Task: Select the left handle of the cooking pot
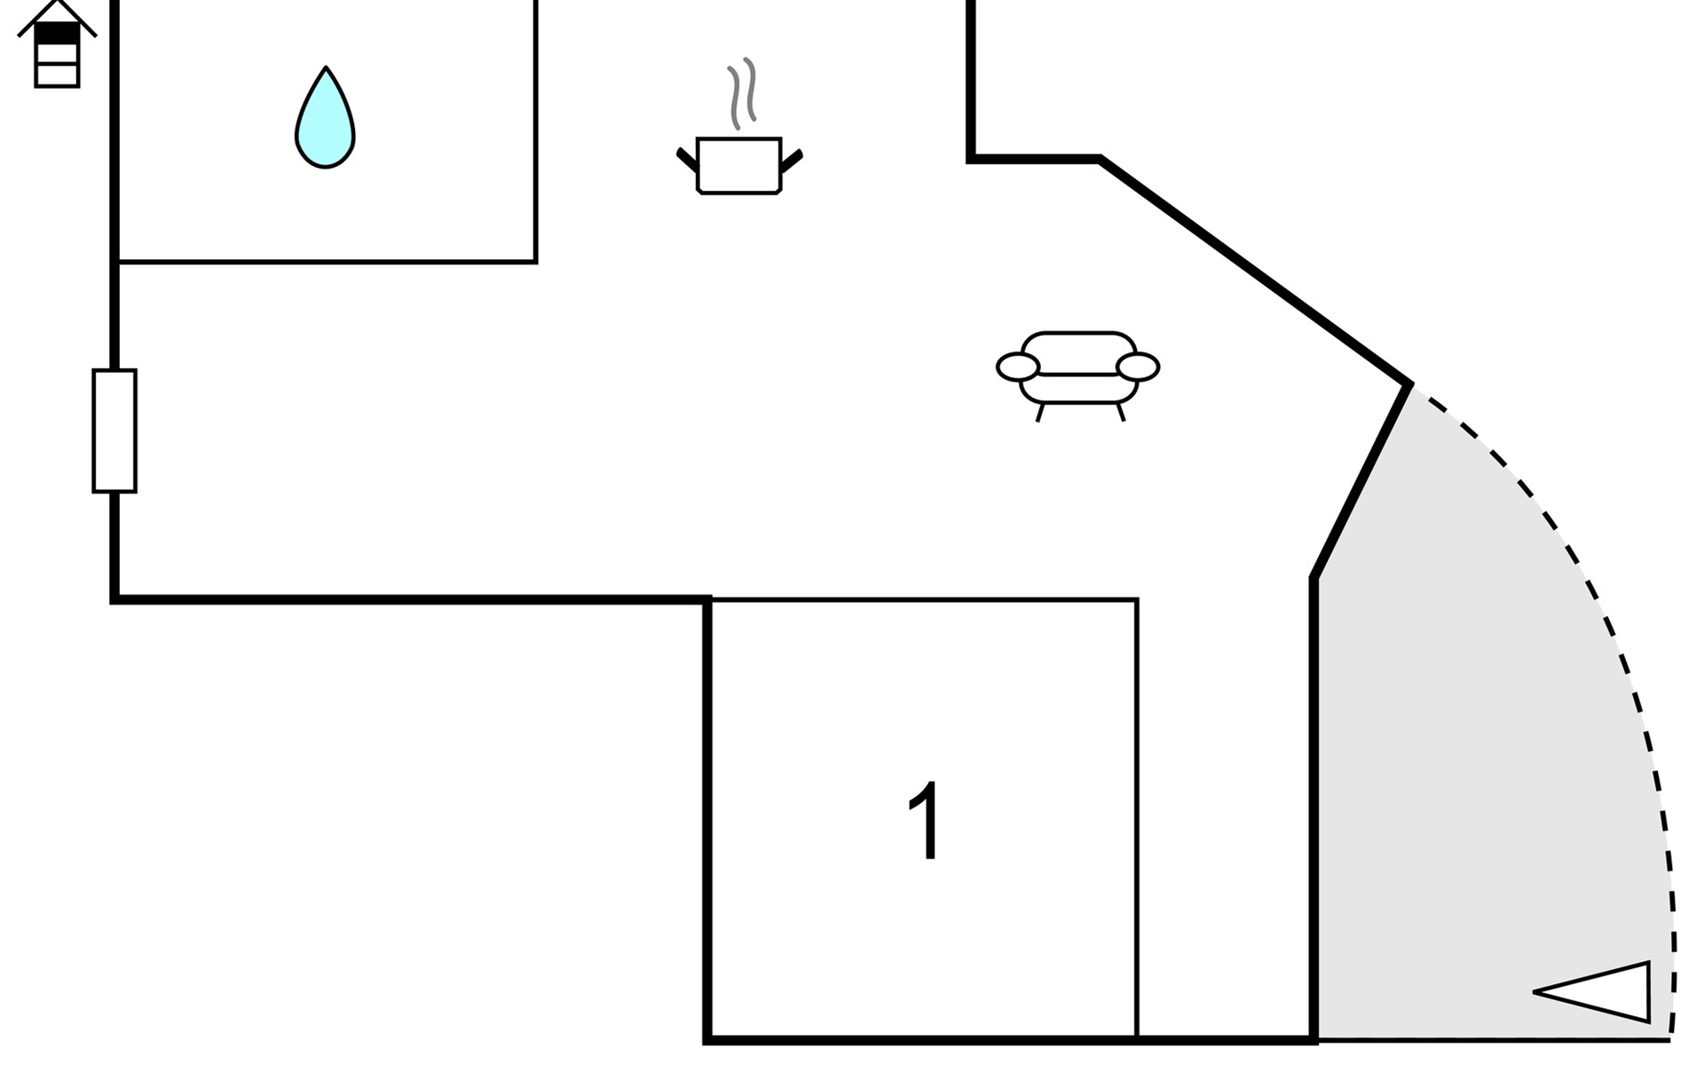[687, 160]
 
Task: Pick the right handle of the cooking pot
[792, 161]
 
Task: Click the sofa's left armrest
[1017, 367]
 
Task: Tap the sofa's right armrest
[1138, 367]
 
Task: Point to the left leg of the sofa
[1039, 413]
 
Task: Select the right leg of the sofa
[1121, 413]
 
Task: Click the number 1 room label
[925, 821]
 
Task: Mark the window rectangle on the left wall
[114, 430]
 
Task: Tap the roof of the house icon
[57, 12]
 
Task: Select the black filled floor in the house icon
[57, 34]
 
